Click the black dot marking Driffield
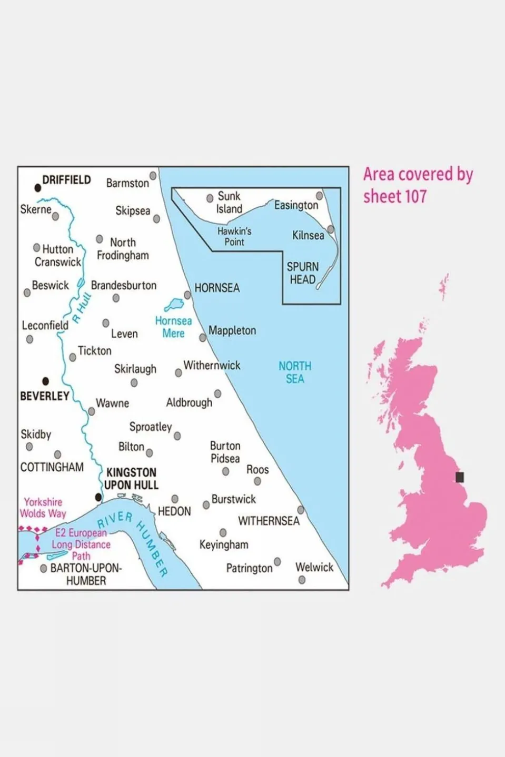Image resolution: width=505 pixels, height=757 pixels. pos(38,188)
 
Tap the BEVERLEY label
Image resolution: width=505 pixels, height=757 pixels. pos(45,396)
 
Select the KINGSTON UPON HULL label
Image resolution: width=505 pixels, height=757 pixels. pos(131,479)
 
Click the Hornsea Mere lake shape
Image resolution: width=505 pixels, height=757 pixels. pos(174,305)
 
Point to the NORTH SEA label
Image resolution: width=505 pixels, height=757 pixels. pos(295,372)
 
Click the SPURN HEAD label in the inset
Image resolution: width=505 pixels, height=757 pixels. pos(303,273)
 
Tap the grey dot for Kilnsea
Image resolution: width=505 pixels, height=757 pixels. pos(331,229)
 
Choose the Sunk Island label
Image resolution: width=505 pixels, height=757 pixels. pos(229,202)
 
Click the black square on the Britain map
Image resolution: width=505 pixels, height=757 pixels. pos(460,477)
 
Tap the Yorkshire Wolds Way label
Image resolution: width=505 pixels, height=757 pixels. pos(43,508)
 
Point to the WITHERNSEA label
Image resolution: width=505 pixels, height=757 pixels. pos(269,521)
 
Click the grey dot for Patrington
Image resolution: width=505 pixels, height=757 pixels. pos(278,562)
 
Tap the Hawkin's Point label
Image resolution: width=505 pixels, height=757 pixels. pos(234,236)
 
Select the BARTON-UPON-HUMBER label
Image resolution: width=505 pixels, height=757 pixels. pos(86,574)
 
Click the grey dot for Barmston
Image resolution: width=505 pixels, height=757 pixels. pos(153,175)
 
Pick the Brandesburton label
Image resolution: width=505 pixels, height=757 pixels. pos(124,285)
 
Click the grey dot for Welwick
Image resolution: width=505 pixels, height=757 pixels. pos(302,580)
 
